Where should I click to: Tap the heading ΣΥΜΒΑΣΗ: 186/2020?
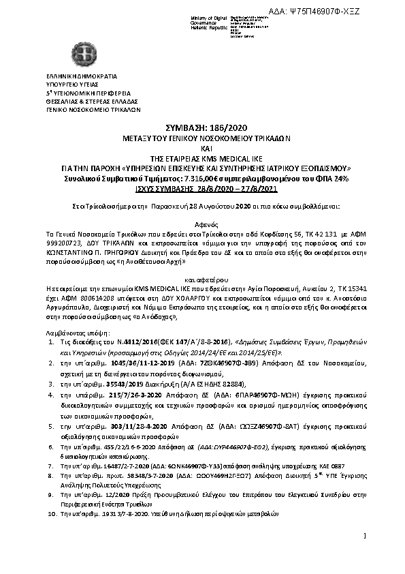202,128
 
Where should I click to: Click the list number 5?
52,426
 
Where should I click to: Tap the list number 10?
51,513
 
